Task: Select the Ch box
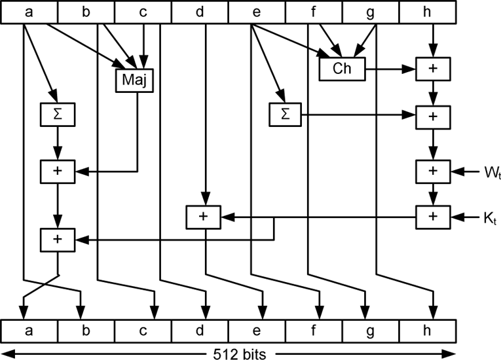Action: (342, 69)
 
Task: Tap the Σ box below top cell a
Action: (58, 115)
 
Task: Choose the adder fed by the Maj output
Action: (58, 172)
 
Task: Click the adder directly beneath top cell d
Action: (204, 217)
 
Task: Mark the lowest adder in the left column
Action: (58, 240)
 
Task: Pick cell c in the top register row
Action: (143, 12)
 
